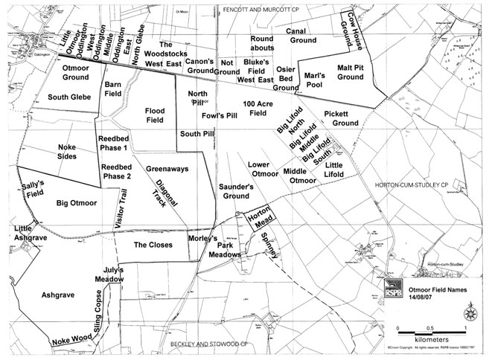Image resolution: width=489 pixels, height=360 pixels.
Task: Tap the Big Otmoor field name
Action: pos(77,202)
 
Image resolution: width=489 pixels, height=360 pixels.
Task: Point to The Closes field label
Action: pos(153,244)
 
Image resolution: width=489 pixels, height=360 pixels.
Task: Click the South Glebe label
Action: pos(68,97)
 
